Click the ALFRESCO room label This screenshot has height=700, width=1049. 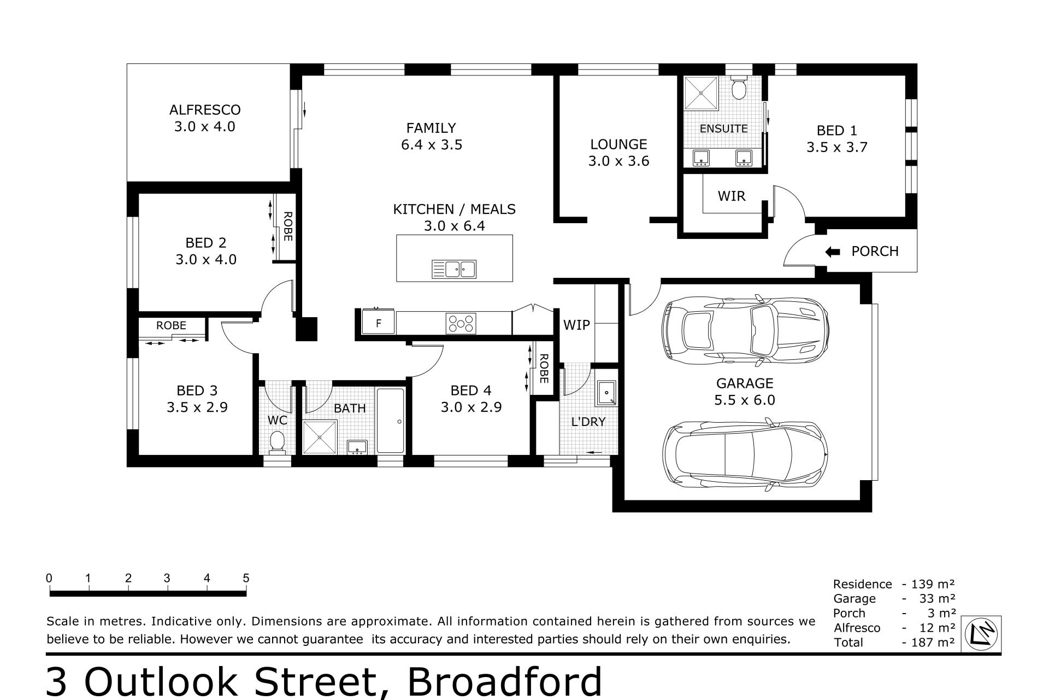click(205, 110)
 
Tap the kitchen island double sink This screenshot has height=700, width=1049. click(454, 269)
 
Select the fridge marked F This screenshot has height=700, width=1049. click(378, 323)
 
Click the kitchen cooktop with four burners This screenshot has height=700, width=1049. click(461, 323)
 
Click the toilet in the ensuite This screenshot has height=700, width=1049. click(739, 87)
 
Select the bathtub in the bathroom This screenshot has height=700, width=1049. click(391, 421)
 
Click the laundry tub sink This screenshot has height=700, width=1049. click(606, 393)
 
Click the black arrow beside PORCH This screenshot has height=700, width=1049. click(832, 252)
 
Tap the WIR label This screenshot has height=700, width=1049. click(732, 196)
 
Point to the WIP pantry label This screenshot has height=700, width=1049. click(576, 325)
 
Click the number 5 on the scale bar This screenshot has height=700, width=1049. click(246, 578)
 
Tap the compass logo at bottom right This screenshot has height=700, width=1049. click(981, 634)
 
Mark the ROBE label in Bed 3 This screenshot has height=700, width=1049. click(171, 325)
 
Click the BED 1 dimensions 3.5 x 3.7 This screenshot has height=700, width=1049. click(837, 147)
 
